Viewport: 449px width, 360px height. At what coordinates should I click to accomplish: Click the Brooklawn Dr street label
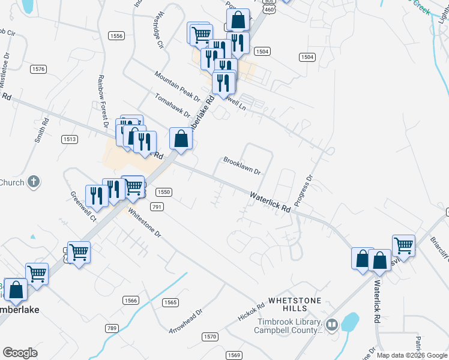point(242,166)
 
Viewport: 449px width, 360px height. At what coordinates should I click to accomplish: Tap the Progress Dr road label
point(304,190)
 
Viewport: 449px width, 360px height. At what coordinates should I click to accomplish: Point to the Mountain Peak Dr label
point(176,85)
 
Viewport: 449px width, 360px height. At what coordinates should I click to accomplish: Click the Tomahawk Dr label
point(172,105)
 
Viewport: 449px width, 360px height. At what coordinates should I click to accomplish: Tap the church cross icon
point(34,182)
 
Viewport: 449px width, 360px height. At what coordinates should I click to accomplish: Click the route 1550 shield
point(164,192)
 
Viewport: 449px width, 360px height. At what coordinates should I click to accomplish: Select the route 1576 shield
point(38,70)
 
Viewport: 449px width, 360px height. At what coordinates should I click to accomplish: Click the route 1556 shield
point(116,36)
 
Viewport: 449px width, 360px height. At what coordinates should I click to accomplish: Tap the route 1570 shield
point(209,337)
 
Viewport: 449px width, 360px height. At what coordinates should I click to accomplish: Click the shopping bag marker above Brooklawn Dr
point(181,139)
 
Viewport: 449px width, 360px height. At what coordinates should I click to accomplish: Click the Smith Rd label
point(41,129)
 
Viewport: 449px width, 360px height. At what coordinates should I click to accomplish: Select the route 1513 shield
point(69,139)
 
